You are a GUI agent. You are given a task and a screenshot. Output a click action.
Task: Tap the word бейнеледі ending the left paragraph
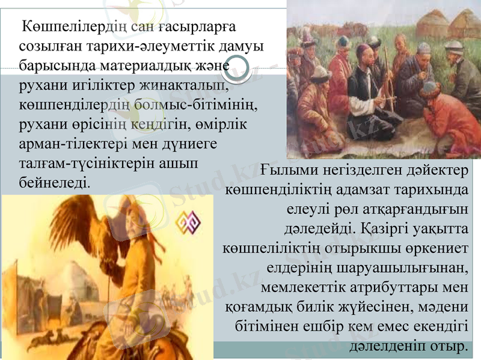click(x=55, y=180)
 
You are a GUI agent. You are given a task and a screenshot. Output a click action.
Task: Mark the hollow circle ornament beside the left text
click(x=239, y=67)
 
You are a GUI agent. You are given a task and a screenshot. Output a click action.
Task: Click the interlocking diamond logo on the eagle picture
click(x=188, y=222)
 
